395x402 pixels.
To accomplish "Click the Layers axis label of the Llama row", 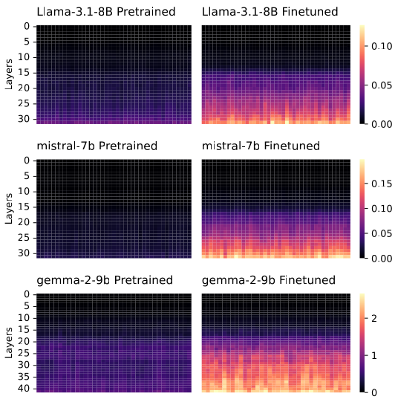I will coord(8,74).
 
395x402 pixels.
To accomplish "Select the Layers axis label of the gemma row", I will coord(8,343).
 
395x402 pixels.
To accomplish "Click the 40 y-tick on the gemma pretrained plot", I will coord(25,389).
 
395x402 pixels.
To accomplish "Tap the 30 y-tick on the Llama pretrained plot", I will coord(25,119).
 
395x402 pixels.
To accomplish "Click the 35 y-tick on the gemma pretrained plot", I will coord(25,377).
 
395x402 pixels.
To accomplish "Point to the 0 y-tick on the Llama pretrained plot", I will coord(27,27).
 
